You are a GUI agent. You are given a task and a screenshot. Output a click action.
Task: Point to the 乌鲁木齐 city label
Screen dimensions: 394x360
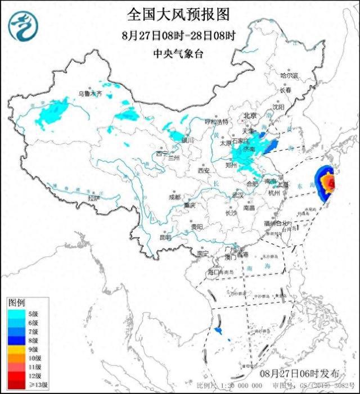tap(90, 94)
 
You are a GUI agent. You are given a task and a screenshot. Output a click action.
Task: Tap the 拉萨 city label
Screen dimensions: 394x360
tap(93, 198)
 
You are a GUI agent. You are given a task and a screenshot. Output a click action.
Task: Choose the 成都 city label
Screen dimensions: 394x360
tap(174, 197)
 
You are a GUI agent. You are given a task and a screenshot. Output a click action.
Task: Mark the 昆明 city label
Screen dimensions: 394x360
tap(165, 237)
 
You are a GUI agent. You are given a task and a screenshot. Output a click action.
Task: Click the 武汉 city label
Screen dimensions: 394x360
tap(238, 194)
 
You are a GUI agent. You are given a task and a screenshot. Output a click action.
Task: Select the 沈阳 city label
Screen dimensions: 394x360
tap(278, 106)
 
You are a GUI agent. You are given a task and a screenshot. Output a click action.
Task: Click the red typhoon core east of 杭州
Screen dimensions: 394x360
tap(332, 183)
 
